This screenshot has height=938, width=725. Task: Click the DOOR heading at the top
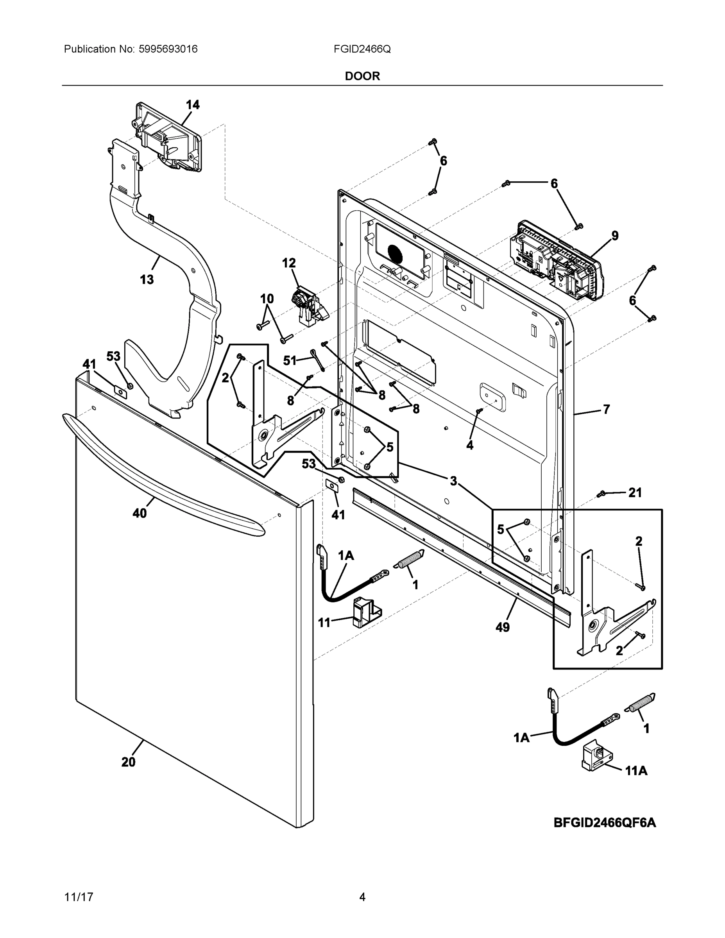363,76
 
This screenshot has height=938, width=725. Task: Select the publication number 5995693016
168,49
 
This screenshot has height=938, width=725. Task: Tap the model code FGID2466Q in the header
362,49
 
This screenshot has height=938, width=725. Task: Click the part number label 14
193,105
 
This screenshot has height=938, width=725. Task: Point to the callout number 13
147,279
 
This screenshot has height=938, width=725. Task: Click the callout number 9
615,235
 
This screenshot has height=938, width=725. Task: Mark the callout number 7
607,409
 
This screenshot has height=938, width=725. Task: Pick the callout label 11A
636,771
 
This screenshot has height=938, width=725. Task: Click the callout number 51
290,360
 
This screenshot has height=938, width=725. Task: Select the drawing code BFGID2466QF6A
605,822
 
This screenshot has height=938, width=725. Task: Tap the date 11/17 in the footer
79,897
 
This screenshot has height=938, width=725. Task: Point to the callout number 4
470,446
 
